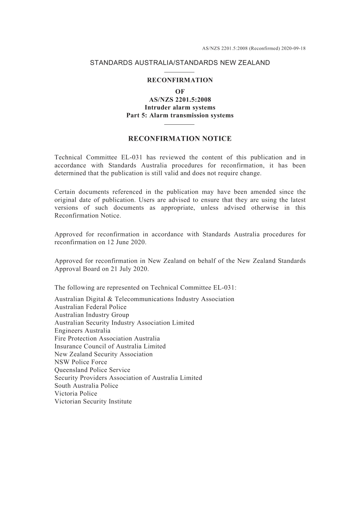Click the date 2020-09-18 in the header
point(293,49)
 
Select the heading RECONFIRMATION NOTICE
point(180,139)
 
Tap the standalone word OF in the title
point(180,91)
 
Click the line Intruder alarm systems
point(180,107)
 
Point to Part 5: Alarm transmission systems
point(180,115)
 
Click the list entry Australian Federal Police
point(91,307)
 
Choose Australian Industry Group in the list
point(92,315)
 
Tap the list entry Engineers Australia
point(83,331)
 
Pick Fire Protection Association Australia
point(107,339)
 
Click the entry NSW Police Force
point(81,362)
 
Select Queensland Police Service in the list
point(92,370)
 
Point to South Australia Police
point(86,386)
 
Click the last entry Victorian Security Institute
point(93,402)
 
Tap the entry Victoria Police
point(76,394)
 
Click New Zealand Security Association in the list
point(103,354)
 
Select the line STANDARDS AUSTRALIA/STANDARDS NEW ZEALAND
point(180,63)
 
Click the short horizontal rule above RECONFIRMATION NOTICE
point(180,124)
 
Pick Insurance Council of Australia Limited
point(110,346)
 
